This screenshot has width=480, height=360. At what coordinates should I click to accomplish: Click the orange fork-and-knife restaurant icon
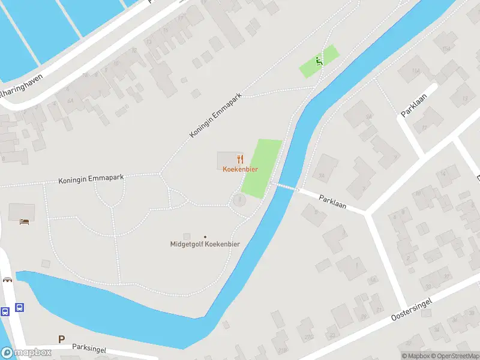click(240, 158)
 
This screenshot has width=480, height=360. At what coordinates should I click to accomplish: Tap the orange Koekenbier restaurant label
click(240, 169)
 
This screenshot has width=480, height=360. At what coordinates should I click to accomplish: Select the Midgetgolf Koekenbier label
click(205, 244)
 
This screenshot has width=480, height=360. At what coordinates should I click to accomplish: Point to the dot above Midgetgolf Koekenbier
click(205, 236)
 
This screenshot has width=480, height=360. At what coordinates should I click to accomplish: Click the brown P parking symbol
click(61, 339)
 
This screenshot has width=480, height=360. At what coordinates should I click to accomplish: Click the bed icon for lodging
click(23, 221)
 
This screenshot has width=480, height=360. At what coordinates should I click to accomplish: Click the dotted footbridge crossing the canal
click(286, 187)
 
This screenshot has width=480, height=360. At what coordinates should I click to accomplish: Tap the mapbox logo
click(26, 352)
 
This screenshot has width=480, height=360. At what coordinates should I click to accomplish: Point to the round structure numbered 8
click(239, 200)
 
